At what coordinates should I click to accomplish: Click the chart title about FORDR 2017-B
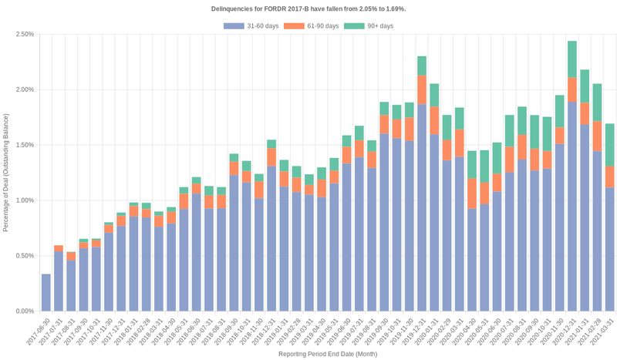tap(308, 8)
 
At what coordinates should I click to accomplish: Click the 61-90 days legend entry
tap(312, 26)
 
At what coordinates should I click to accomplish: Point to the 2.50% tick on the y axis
tap(23, 35)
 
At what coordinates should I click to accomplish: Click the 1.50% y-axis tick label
tap(23, 145)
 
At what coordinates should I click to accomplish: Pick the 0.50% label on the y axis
tap(23, 256)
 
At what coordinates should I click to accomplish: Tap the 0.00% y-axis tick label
tap(23, 311)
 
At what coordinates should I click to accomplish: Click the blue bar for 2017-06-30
tap(46, 292)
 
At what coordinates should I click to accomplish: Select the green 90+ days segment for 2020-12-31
tap(572, 59)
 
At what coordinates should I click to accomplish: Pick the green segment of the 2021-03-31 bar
tap(610, 145)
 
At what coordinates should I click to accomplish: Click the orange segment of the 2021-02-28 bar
tap(598, 136)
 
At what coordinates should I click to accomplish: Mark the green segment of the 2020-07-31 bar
tap(510, 131)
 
